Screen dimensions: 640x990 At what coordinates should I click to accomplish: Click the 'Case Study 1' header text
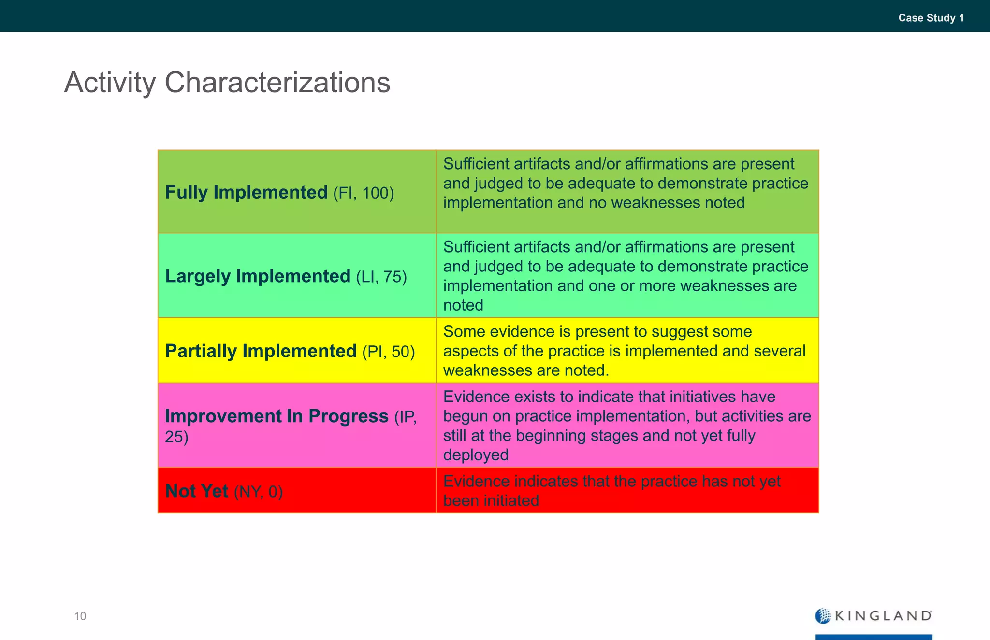point(931,18)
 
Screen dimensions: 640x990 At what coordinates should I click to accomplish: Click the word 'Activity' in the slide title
point(110,83)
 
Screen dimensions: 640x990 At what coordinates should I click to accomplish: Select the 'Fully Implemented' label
point(247,192)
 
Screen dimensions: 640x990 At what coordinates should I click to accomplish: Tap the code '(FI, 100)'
point(364,193)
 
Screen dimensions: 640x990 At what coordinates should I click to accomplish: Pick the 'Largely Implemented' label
point(258,276)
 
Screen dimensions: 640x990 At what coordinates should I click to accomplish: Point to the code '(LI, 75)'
point(381,277)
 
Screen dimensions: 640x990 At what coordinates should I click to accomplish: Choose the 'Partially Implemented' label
point(261,351)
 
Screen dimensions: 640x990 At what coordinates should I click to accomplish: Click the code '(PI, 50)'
point(388,352)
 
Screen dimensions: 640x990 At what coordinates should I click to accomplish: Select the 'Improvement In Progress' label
point(277,416)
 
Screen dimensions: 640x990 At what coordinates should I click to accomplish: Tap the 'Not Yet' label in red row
point(197,491)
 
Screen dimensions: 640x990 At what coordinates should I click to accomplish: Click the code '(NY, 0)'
point(258,492)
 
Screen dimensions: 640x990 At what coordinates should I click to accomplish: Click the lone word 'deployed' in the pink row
point(476,455)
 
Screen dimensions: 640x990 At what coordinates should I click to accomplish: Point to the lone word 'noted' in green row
point(463,305)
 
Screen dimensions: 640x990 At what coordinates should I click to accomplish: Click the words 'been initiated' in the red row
point(491,501)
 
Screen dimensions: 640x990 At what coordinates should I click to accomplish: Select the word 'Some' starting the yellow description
point(464,332)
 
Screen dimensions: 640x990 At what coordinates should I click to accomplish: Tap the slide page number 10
point(80,616)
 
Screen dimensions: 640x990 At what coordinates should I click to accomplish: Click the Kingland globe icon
point(823,616)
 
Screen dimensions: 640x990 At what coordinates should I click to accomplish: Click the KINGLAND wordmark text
point(883,616)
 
